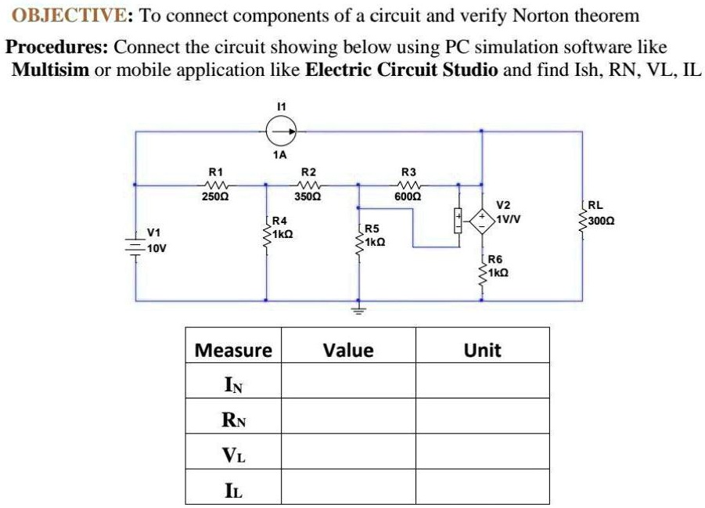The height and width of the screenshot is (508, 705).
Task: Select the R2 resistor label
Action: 309,171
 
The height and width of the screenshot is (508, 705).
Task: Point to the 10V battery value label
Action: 155,247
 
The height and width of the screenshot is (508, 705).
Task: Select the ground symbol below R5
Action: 359,310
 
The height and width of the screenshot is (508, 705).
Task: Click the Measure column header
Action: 233,350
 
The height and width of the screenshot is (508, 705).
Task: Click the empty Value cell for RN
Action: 348,418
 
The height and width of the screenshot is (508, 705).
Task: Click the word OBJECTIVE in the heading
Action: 62,16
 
